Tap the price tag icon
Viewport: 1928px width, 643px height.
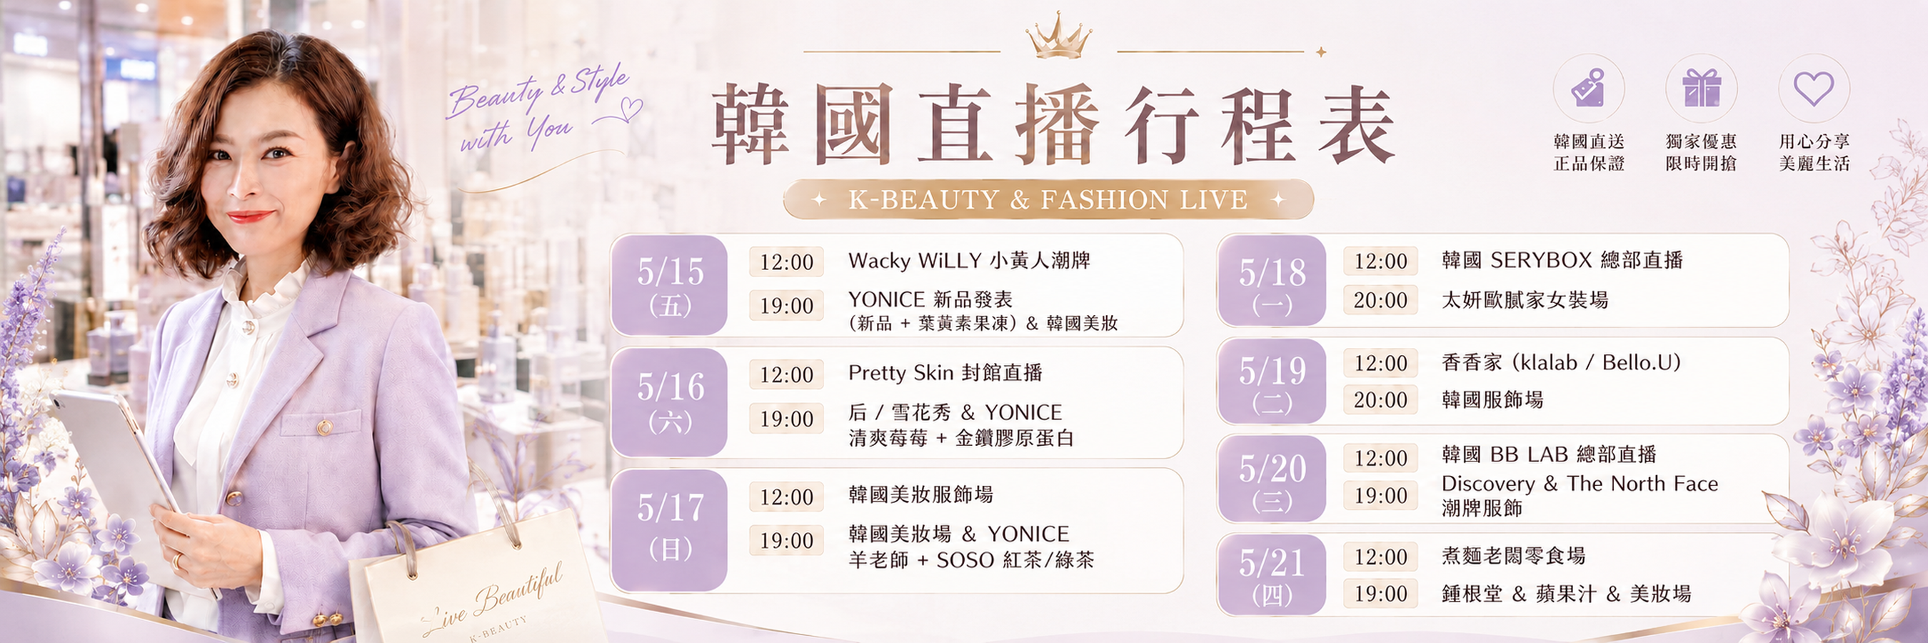coord(1588,89)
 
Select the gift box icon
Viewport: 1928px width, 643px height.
coord(1701,88)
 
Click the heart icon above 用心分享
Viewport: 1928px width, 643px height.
coord(1814,89)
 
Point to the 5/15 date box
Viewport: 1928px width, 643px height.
coord(669,285)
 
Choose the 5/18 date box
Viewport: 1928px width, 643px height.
coord(1272,281)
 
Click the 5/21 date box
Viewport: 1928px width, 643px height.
coord(1272,575)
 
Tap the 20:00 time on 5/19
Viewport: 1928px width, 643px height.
coord(1380,399)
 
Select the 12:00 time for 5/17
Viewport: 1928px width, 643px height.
coord(786,497)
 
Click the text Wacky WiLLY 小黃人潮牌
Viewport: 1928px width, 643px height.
coord(969,261)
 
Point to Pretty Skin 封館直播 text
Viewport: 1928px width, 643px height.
coord(945,373)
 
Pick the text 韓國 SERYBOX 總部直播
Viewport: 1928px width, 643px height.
coord(1562,260)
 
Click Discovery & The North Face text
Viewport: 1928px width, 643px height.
coord(1580,484)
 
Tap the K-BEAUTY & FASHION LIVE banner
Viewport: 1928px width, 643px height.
coord(1048,200)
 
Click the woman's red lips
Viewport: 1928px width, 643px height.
coord(249,217)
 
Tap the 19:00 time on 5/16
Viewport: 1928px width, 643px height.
coord(786,419)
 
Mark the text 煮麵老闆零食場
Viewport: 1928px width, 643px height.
coord(1513,555)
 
